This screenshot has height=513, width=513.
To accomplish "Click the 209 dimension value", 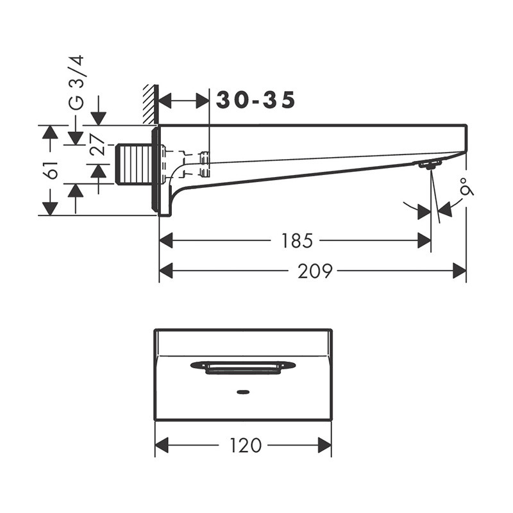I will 315,271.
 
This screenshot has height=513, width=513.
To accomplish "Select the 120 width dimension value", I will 244,445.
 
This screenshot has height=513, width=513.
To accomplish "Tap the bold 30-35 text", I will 256,100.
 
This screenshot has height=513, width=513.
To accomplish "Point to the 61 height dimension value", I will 52,170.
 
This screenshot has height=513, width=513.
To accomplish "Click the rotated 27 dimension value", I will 97,145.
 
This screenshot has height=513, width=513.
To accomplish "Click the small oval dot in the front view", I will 244,391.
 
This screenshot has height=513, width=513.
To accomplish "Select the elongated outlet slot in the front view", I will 244,367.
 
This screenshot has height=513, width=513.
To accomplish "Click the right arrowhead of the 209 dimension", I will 460,271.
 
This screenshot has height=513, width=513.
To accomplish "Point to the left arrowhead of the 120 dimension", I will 162,445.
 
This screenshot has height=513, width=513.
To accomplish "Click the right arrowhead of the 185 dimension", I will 424,240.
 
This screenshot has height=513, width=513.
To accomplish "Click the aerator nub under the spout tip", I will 429,165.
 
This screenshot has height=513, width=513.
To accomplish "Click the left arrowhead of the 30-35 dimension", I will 165,100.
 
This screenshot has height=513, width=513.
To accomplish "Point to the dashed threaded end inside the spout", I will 205,164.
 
